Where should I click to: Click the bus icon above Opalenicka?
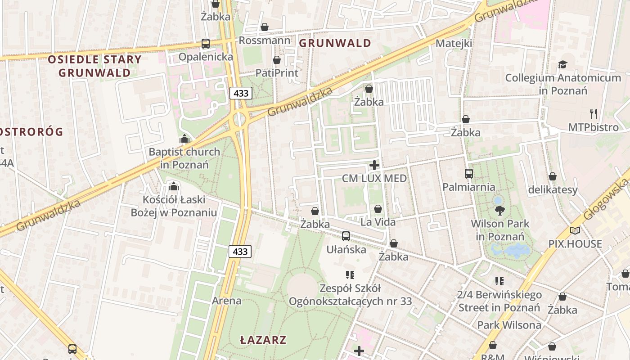(x=206, y=44)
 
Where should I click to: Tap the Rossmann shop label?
(x=264, y=40)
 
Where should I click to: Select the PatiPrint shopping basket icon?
(x=277, y=60)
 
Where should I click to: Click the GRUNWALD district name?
(x=335, y=43)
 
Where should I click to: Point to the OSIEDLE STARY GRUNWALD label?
(x=94, y=66)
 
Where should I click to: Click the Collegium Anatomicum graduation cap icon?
(x=562, y=65)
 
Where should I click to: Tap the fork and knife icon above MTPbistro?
(x=593, y=113)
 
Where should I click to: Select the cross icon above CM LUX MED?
(x=374, y=165)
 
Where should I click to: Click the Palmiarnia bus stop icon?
(x=468, y=174)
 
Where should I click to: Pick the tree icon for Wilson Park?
(x=499, y=210)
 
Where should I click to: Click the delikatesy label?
(x=553, y=190)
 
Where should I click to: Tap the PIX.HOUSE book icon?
(x=575, y=231)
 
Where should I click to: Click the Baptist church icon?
(x=184, y=139)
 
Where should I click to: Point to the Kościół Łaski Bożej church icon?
(x=173, y=186)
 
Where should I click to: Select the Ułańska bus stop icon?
(x=346, y=236)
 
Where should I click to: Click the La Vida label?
(x=378, y=222)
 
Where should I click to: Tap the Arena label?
(x=226, y=301)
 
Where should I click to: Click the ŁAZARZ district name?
(x=263, y=340)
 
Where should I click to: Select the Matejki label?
(x=454, y=44)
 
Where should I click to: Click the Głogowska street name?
(x=605, y=199)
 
